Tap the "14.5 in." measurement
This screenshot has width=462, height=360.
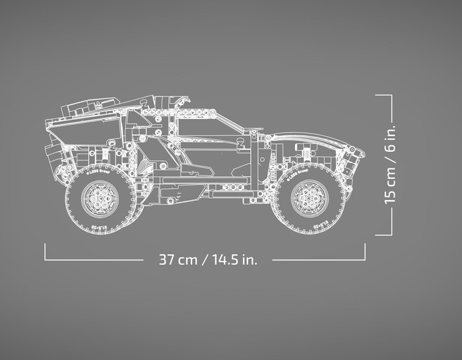point(234,259)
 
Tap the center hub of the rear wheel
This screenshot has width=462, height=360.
point(100,196)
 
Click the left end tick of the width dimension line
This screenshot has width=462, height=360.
point(45,252)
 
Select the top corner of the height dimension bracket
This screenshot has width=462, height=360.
point(391,95)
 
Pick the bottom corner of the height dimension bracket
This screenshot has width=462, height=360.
point(391,234)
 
